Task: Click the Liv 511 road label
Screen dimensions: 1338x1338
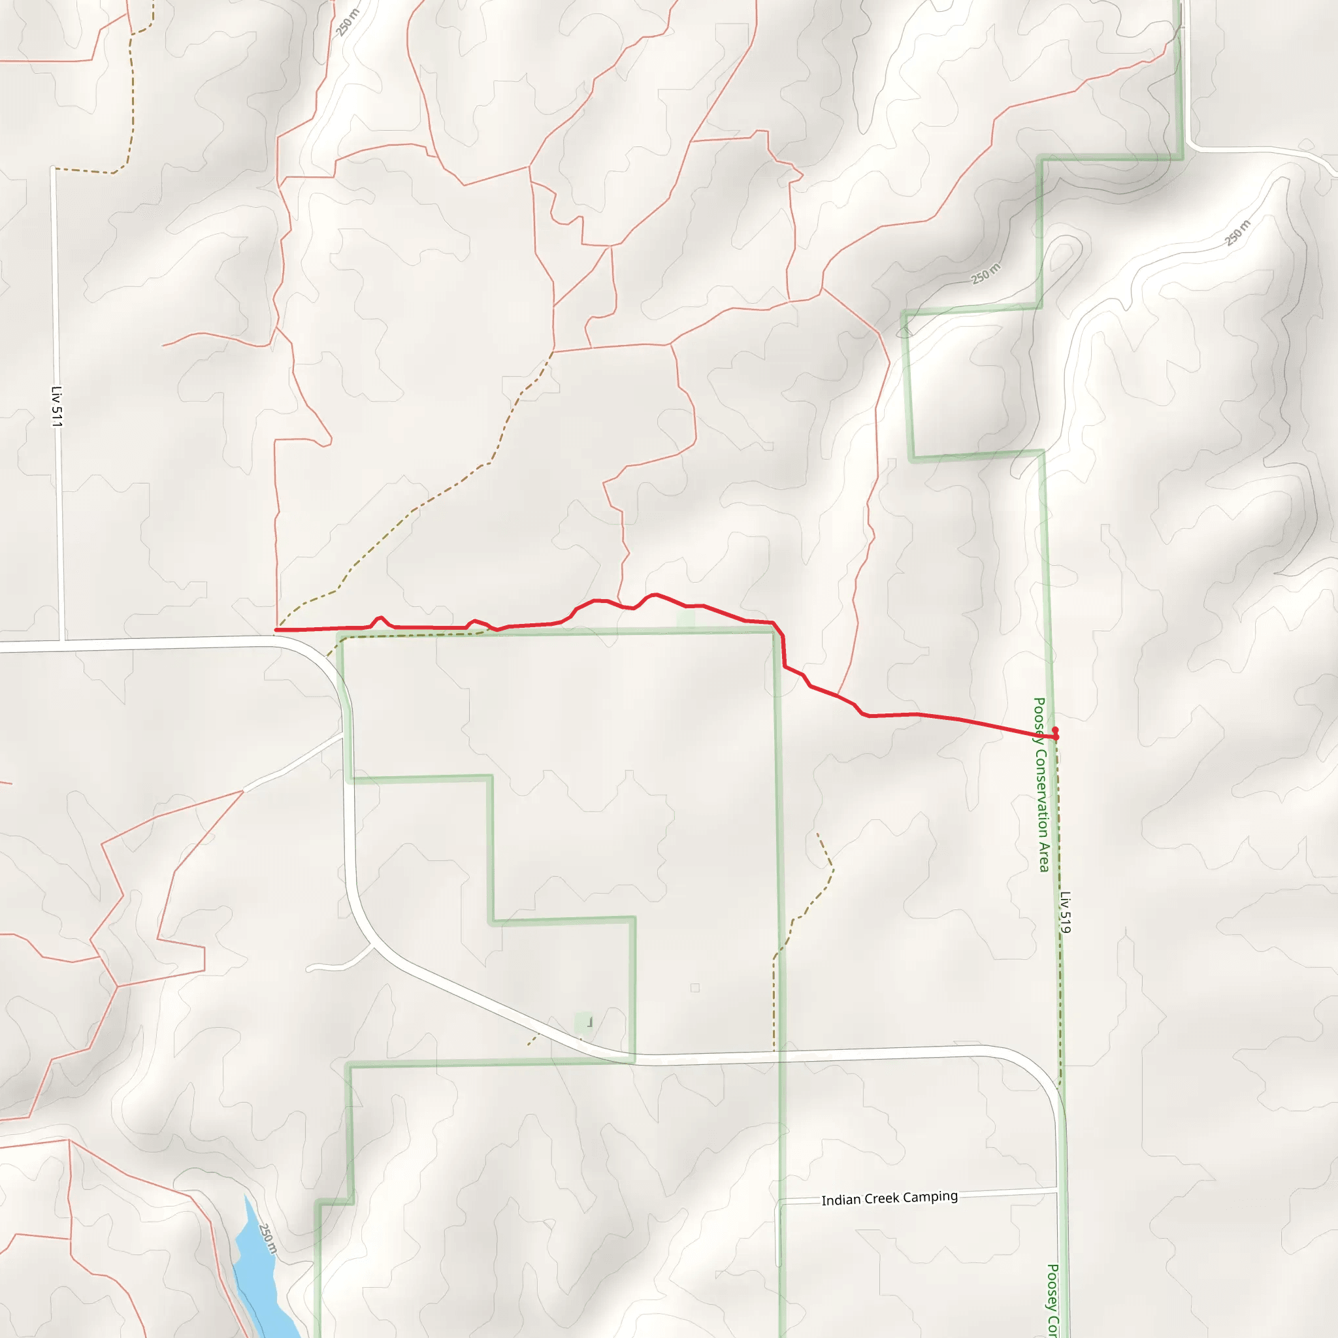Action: point(57,406)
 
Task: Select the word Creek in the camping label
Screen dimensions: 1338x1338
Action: point(883,1199)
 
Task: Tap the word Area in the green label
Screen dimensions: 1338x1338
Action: point(1043,857)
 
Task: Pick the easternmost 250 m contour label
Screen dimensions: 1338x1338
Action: point(1237,233)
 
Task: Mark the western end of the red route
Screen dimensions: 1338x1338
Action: point(276,630)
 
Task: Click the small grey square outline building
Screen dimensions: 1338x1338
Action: point(694,988)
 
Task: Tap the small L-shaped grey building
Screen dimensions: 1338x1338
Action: point(589,1022)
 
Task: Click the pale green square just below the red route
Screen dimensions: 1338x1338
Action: point(685,619)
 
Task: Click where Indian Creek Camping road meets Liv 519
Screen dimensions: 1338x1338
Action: point(1058,1190)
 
